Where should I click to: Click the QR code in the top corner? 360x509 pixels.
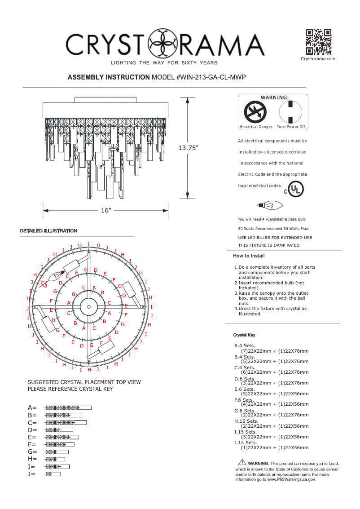click(318, 42)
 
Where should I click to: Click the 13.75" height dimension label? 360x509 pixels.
click(188, 148)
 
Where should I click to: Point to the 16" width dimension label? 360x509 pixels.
click(106, 210)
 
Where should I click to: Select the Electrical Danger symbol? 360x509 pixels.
click(255, 111)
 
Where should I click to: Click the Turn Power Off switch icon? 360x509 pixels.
click(290, 111)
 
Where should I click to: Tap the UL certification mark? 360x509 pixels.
click(294, 190)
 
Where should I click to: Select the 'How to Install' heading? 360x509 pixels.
click(249, 256)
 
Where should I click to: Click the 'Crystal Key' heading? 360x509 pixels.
click(244, 335)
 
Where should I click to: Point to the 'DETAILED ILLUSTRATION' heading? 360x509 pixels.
click(48, 230)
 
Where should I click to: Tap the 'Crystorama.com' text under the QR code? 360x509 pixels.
click(318, 59)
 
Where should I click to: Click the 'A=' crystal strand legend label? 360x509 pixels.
click(32, 407)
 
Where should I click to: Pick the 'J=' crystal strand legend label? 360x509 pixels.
click(31, 474)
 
